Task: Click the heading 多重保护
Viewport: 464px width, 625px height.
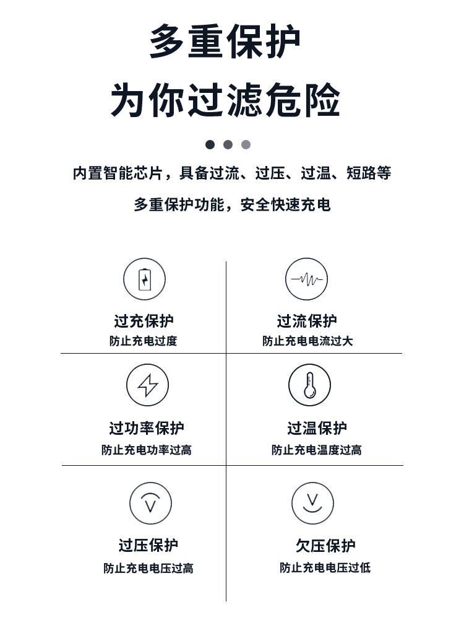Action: pos(225,42)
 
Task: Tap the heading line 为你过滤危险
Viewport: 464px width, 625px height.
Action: pos(225,100)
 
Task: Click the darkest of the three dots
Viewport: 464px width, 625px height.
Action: pos(210,145)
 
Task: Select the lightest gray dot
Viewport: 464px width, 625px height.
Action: pos(246,145)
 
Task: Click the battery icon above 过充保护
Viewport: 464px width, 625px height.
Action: pos(144,279)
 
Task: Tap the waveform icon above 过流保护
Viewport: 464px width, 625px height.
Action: pos(306,279)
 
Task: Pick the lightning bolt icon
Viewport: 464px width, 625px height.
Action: pos(147,385)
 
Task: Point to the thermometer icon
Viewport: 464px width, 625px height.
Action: pos(309,385)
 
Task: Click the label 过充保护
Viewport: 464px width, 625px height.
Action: pos(144,321)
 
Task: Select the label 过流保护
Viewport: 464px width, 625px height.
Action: pos(307,321)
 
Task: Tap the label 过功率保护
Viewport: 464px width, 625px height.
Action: pos(147,428)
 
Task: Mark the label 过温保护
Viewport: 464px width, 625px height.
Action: pos(317,428)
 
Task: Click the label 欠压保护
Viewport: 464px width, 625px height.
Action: pos(325,546)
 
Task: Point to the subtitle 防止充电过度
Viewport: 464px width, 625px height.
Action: pos(144,341)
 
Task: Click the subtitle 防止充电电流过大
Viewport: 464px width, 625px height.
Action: pos(307,341)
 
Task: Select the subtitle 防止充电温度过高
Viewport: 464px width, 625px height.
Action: pos(316,450)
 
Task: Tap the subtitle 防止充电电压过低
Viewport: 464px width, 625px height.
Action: pos(325,567)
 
